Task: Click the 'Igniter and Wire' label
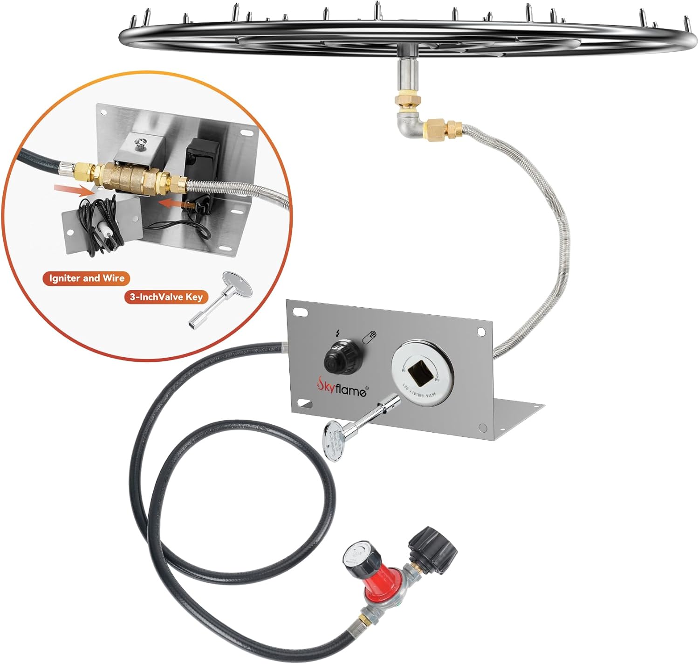click(87, 278)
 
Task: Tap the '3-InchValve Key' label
click(166, 297)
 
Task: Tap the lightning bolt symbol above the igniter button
click(338, 333)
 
